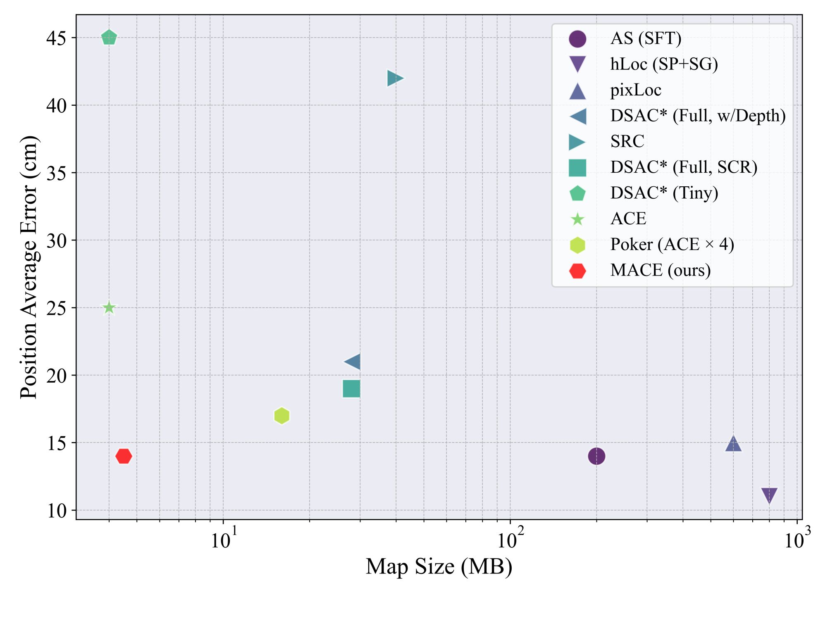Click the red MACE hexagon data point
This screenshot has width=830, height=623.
click(x=124, y=457)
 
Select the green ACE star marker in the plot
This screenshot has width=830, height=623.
click(x=109, y=308)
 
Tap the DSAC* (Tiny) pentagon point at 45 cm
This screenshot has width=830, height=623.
click(x=109, y=38)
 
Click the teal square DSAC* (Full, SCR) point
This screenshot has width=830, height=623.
click(x=351, y=389)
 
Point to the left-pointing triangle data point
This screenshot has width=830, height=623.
click(x=353, y=362)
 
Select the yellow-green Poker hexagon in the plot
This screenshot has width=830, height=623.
click(x=281, y=416)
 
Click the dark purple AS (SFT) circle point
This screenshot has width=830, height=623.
click(x=596, y=457)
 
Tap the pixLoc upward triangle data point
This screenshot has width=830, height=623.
click(x=733, y=444)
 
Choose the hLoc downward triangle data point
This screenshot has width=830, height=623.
click(x=769, y=495)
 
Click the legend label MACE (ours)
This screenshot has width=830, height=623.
click(x=660, y=271)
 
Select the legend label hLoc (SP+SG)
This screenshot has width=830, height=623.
click(x=664, y=64)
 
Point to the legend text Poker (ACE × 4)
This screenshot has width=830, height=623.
click(x=672, y=245)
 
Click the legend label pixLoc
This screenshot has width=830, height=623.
click(x=636, y=90)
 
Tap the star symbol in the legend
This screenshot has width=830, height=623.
click(x=577, y=219)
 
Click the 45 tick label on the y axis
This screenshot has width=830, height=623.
click(x=56, y=38)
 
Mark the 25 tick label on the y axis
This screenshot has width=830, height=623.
click(x=56, y=308)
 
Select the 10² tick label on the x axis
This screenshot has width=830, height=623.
click(x=510, y=539)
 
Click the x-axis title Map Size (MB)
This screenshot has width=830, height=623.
click(x=439, y=567)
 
